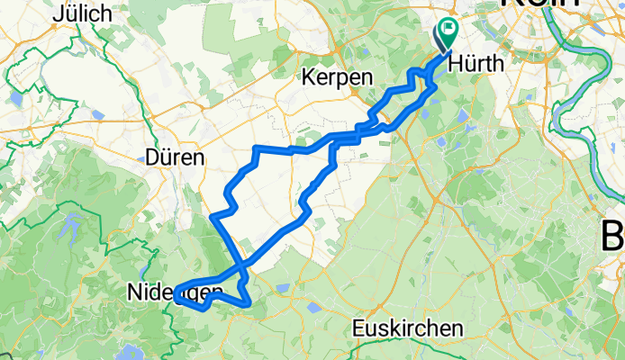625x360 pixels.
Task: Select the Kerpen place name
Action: (338, 78)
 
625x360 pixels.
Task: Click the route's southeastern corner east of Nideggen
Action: (249, 303)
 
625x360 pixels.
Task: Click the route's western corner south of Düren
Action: (213, 217)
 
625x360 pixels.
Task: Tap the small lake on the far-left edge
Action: (16, 98)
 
